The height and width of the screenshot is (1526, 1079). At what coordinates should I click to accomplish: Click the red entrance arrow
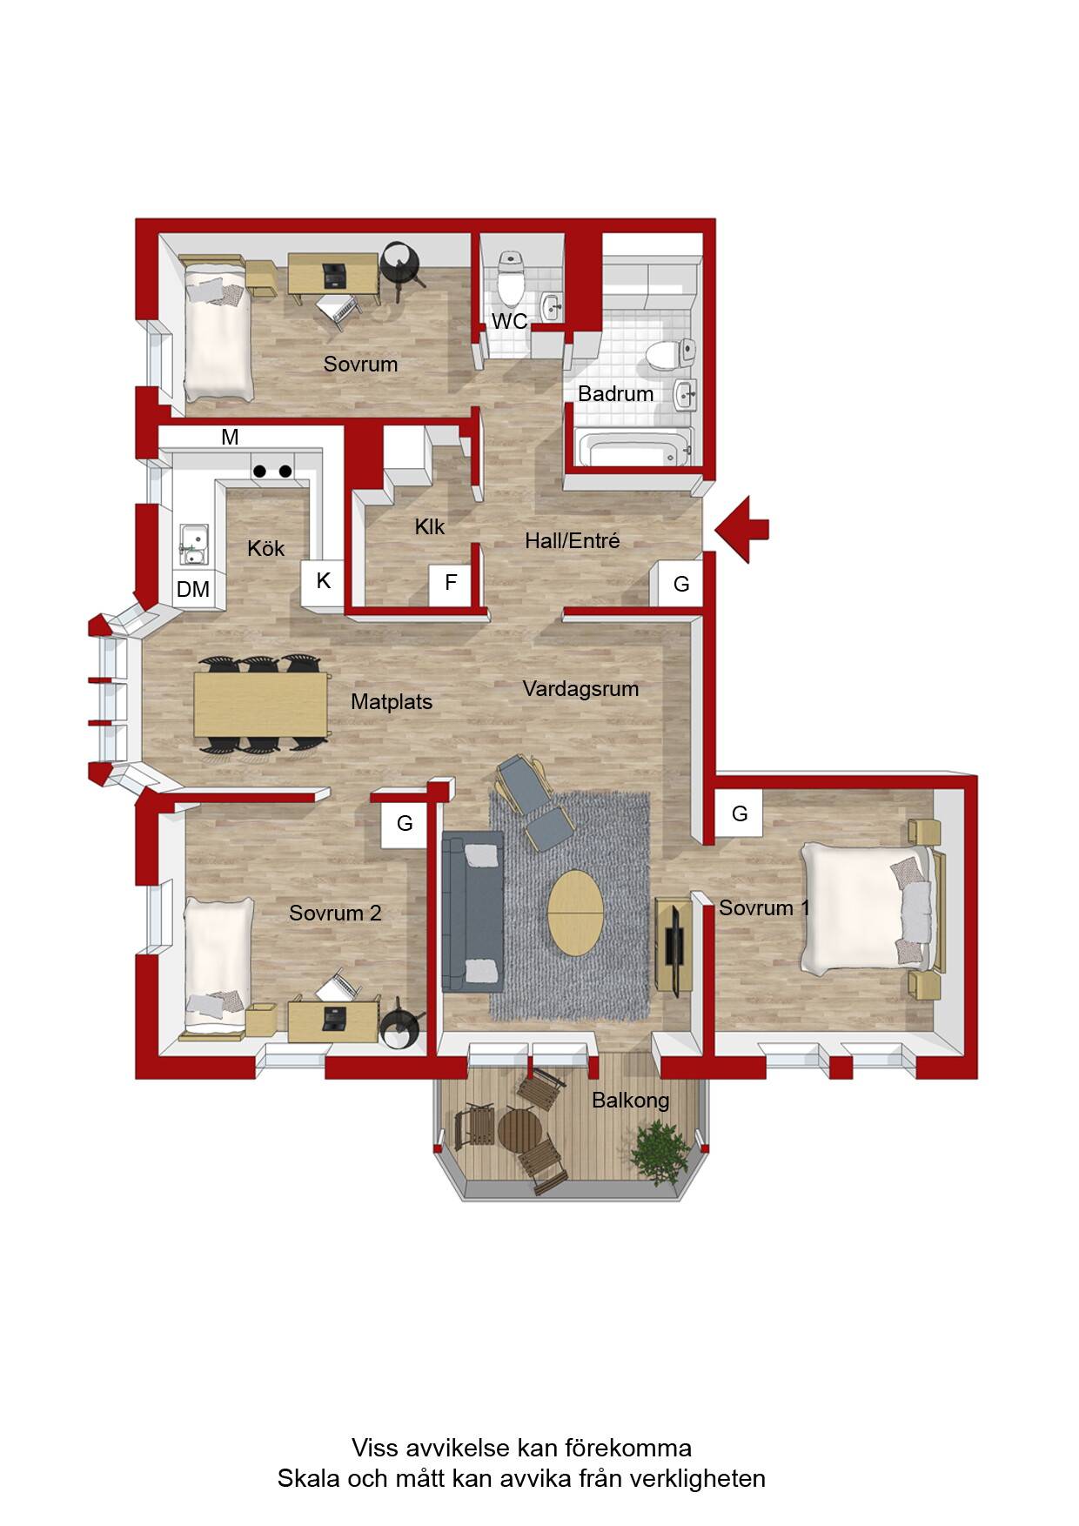(x=741, y=528)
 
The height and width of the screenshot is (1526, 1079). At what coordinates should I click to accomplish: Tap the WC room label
(x=509, y=321)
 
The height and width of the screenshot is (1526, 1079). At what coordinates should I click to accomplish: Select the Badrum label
(x=615, y=393)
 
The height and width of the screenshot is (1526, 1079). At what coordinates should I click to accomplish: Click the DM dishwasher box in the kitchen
(x=193, y=589)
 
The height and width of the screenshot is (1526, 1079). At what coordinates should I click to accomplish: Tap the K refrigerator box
(x=323, y=580)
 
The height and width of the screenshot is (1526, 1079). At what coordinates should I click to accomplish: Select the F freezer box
(x=451, y=583)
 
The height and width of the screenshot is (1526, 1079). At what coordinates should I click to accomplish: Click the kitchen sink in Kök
(x=193, y=544)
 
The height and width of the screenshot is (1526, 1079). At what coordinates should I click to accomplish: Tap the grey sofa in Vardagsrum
(x=472, y=912)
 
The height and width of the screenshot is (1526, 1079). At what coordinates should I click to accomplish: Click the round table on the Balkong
(x=520, y=1130)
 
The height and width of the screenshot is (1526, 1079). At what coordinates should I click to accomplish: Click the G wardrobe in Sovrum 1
(x=740, y=813)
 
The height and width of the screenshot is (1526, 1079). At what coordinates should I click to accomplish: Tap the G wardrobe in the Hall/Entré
(x=681, y=584)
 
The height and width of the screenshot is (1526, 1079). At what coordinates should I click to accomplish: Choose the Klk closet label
(x=430, y=526)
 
